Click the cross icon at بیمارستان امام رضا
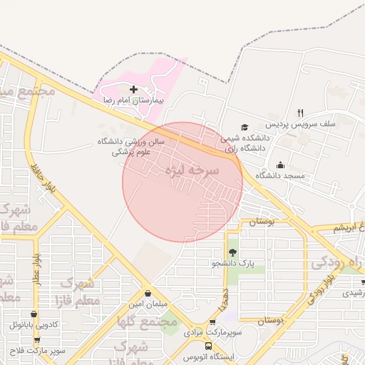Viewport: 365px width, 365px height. [134, 90]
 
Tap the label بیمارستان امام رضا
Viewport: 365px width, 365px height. [134, 102]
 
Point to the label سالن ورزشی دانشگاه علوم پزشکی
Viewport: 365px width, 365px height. [131, 147]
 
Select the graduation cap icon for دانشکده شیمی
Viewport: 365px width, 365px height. [245, 126]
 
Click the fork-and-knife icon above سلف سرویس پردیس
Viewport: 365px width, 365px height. [300, 113]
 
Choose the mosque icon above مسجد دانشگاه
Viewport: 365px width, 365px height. [280, 165]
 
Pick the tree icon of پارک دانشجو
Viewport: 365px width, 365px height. [232, 252]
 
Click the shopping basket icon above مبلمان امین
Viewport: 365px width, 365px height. [148, 293]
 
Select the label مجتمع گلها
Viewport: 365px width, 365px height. [148, 322]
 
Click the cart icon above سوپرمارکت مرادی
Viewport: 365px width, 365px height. [212, 322]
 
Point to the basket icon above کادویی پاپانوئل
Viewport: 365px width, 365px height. [34, 314]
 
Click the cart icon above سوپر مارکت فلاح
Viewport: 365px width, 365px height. [36, 341]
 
